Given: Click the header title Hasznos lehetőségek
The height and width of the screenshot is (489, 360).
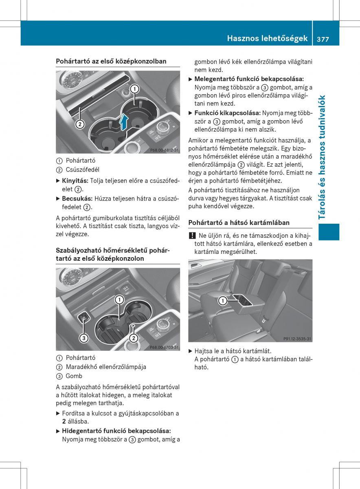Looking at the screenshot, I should [267, 38].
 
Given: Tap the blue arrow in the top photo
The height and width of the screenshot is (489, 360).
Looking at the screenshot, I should [125, 121].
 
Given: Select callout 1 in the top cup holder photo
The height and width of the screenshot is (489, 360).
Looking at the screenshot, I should [134, 89].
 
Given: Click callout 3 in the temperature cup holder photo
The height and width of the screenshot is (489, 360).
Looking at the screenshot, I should [83, 338].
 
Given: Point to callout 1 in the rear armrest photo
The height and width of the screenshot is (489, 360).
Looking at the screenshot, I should [222, 301].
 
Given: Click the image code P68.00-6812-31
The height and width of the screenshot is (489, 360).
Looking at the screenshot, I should [164, 150].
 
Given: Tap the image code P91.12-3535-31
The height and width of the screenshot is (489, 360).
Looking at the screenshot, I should [297, 339].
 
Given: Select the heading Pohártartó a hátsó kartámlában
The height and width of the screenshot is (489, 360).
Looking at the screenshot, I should [239, 222].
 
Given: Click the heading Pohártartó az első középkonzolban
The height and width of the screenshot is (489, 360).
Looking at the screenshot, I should [111, 61].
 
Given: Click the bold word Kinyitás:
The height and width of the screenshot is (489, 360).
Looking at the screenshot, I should [75, 180].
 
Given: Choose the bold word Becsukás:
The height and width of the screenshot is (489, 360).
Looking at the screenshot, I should [77, 198].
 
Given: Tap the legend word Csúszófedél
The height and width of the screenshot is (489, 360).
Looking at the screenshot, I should [82, 170].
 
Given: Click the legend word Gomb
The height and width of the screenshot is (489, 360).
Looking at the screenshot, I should [74, 376].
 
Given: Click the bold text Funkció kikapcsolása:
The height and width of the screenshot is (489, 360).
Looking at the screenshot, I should [228, 112].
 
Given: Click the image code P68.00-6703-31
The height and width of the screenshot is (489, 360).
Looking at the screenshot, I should [164, 347].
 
